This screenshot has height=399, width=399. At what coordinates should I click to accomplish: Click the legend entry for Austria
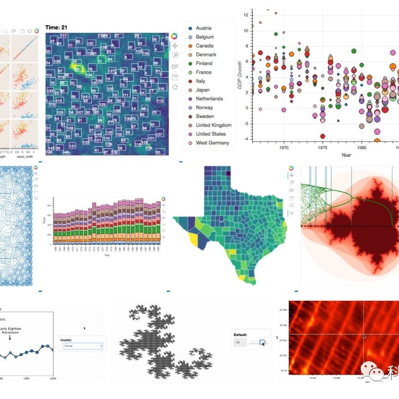[x=203, y=28]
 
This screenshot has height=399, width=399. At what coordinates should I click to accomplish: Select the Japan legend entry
[x=202, y=90]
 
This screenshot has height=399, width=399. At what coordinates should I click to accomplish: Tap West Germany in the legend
[x=212, y=143]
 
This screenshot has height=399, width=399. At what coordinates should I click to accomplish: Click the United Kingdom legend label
[x=214, y=125]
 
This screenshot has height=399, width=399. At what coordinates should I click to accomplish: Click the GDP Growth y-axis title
[x=240, y=74]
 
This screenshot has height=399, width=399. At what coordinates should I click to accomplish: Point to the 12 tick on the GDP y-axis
[x=246, y=15]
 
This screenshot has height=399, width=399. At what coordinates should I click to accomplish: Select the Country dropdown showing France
[x=83, y=346]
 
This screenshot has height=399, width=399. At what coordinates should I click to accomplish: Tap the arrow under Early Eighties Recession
[x=10, y=338]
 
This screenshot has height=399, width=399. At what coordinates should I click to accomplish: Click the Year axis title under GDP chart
[x=346, y=155]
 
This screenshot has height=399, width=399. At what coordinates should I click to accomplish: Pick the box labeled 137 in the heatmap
[x=159, y=134]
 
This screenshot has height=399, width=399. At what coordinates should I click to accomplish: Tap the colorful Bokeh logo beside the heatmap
[x=174, y=36]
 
